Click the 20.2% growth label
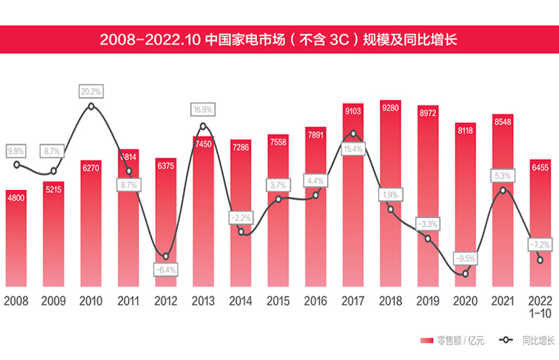coord(91,91)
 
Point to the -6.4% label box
coord(166,269)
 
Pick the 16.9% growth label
coord(203,110)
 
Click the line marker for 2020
coord(465,273)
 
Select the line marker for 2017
coord(353,134)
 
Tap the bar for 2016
coord(315,210)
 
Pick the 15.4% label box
coord(353,149)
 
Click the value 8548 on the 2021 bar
coord(503,123)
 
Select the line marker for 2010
coord(91,106)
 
